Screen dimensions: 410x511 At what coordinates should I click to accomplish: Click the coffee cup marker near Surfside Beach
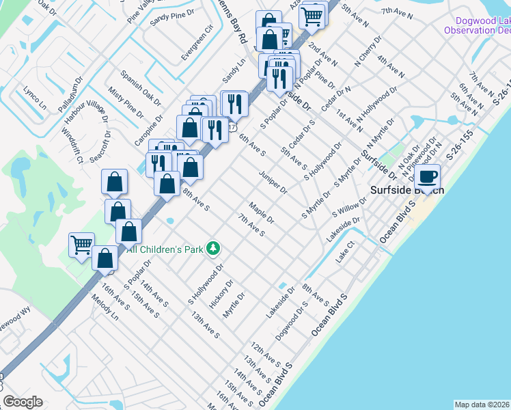428,178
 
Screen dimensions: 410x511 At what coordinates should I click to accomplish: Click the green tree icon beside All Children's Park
214,248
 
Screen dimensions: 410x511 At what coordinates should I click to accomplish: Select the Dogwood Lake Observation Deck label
478,25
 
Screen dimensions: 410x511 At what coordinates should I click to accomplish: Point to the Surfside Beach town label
407,190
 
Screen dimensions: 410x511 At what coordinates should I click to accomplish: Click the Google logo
23,402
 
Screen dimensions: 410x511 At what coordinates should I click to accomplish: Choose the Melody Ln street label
105,308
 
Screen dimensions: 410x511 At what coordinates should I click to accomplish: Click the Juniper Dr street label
273,182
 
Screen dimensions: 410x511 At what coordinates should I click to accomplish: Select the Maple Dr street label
261,213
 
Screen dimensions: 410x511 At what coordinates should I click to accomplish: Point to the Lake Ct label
346,252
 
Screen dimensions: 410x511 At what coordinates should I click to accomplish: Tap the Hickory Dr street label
223,293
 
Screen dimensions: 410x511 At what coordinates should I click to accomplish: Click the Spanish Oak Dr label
140,88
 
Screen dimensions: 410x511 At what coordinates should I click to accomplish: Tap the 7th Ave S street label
251,225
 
